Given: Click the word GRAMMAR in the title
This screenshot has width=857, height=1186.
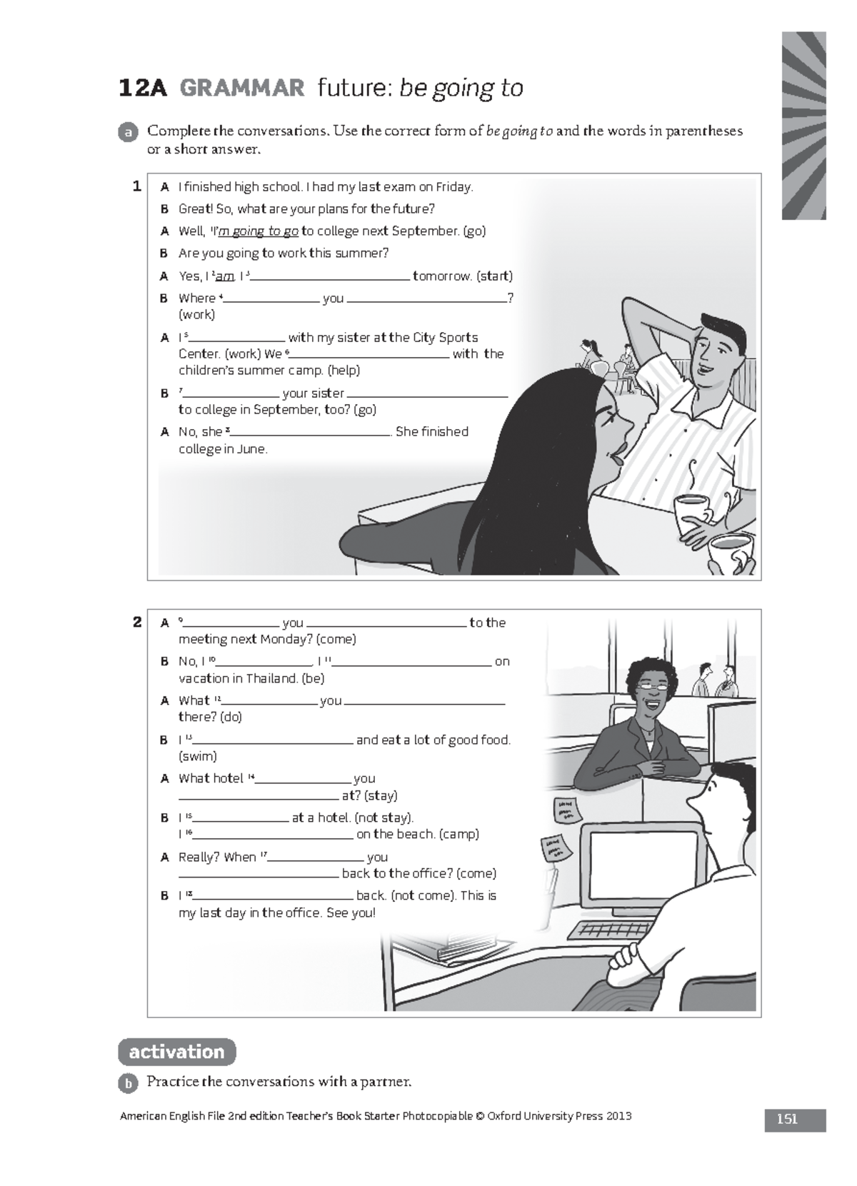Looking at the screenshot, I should [x=241, y=89].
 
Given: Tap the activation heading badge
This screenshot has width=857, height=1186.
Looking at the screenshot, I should [x=176, y=1052].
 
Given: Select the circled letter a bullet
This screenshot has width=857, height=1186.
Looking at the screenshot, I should [x=128, y=133].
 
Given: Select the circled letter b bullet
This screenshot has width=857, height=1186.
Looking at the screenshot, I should [x=128, y=1083].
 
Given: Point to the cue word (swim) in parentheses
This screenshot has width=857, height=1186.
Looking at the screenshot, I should [x=198, y=756].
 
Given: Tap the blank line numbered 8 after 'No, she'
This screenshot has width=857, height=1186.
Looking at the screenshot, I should [x=311, y=433].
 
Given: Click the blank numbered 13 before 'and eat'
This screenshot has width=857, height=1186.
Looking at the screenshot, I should [x=274, y=741].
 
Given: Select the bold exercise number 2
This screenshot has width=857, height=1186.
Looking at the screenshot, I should [x=137, y=622].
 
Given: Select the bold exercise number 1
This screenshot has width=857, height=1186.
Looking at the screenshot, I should [x=137, y=186].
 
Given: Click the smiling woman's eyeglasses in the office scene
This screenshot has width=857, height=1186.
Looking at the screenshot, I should [x=651, y=685].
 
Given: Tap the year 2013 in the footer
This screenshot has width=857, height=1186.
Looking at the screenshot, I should [x=618, y=1116].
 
